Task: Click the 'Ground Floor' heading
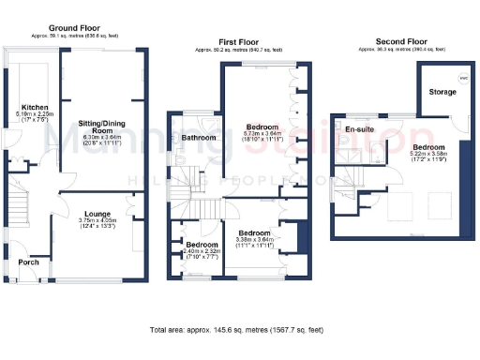pos(75,29)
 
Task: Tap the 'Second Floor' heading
pos(401,41)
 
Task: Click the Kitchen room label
pos(35,108)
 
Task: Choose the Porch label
pos(29,262)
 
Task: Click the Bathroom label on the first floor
pos(199,138)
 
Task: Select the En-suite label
pos(359,128)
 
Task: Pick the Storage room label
pos(442,92)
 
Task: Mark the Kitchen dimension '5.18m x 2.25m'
pos(35,114)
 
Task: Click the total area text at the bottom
pos(240,330)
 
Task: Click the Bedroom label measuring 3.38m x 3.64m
pos(253,232)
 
